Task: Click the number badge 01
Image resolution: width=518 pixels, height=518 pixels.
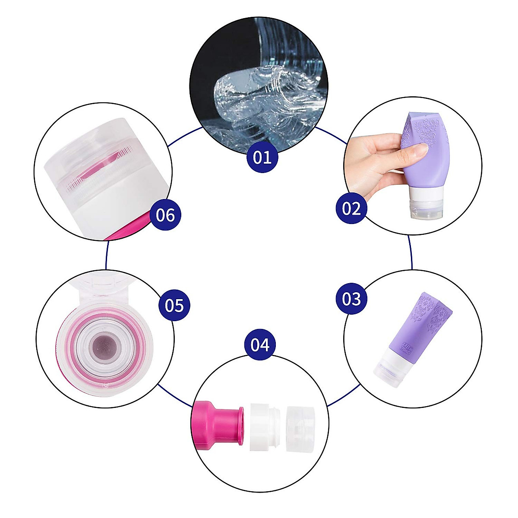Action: [262, 157]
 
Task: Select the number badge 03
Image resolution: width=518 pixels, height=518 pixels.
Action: [351, 298]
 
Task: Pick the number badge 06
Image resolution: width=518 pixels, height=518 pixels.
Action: [165, 215]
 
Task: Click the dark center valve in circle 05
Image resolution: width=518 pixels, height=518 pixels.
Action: [104, 345]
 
